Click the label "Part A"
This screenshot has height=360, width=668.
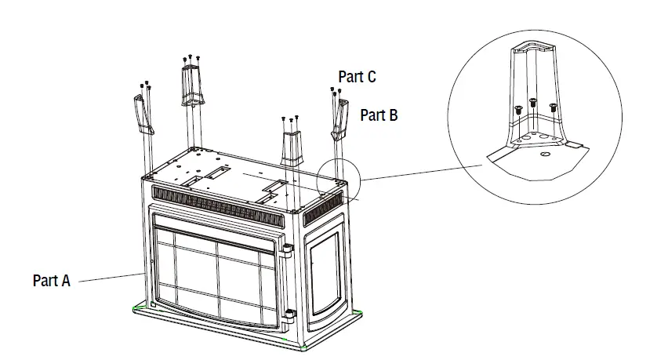click(52, 280)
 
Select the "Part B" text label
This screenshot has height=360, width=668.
click(379, 115)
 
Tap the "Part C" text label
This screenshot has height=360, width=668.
click(357, 77)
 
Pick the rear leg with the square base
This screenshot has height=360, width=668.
click(191, 85)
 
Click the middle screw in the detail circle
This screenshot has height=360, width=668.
click(533, 103)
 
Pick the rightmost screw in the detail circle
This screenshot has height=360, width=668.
click(553, 107)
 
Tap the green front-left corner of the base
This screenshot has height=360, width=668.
click(139, 306)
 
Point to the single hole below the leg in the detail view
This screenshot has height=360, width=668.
click(543, 154)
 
